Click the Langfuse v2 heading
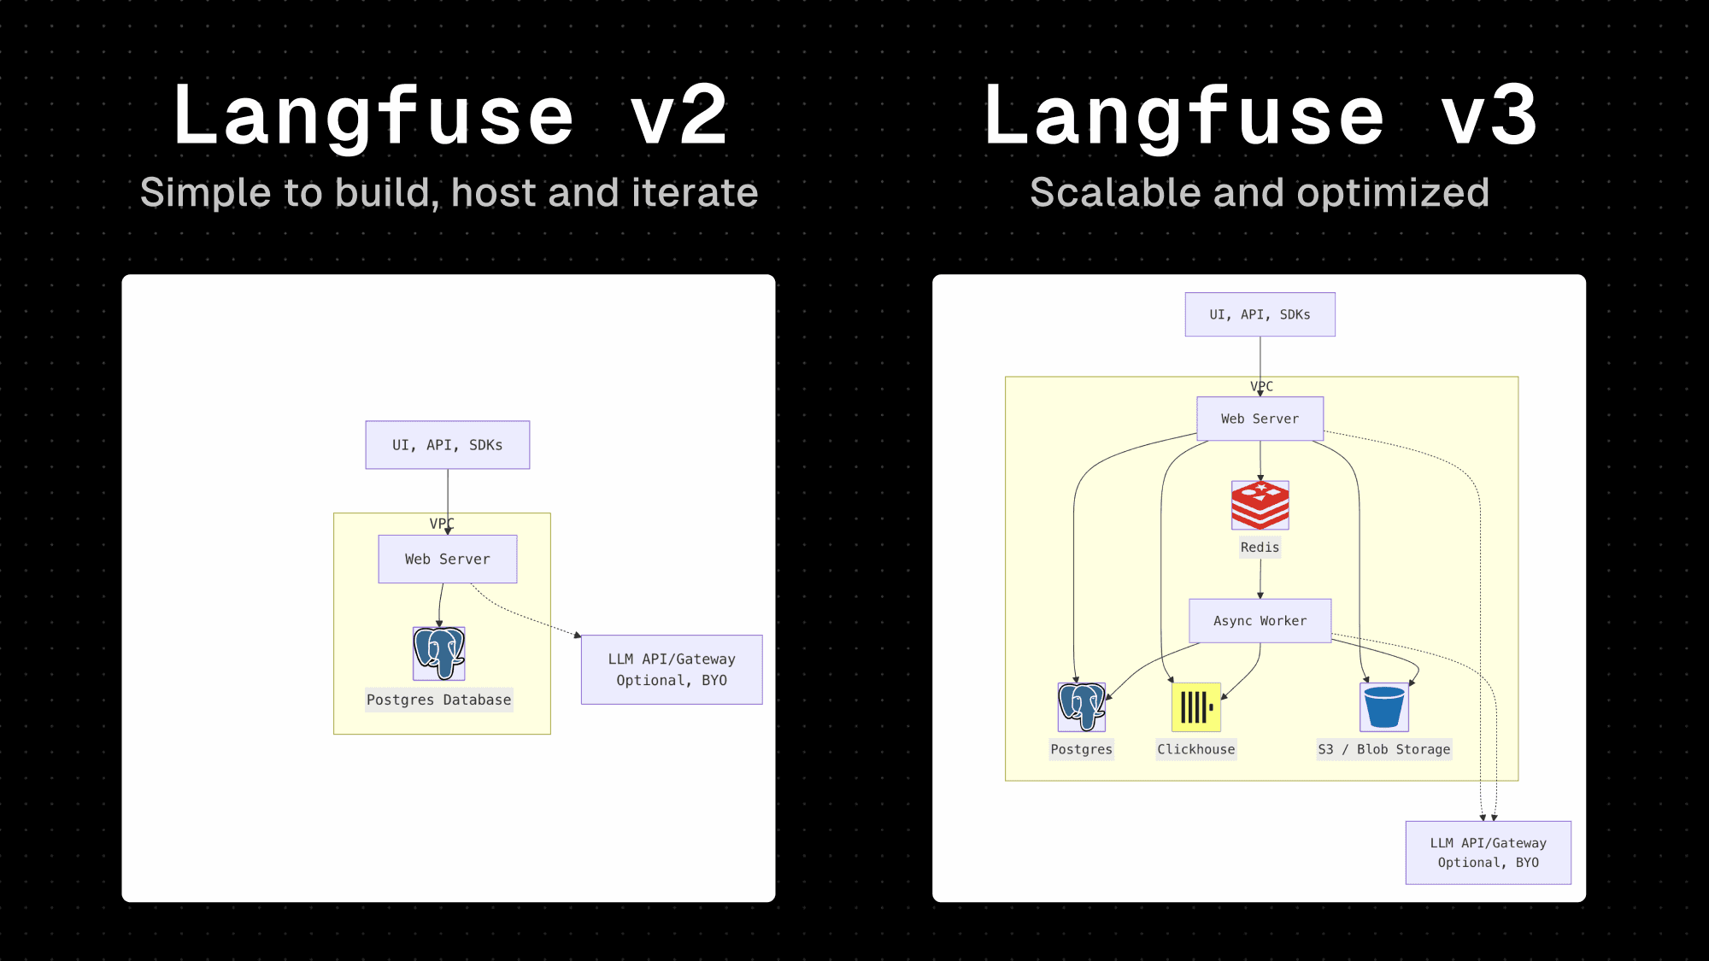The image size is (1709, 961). point(449,115)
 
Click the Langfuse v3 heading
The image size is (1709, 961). point(1260,115)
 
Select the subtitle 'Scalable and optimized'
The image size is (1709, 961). point(1260,192)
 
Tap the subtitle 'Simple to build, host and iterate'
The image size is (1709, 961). point(449,192)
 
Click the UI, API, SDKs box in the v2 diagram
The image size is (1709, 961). point(448,445)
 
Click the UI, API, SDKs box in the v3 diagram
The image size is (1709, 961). point(1260,314)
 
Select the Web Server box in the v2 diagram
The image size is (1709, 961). point(448,560)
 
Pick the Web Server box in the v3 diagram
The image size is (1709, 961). point(1260,419)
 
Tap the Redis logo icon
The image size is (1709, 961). point(1260,505)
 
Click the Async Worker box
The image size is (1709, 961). point(1260,621)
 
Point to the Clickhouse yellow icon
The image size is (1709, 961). point(1195,707)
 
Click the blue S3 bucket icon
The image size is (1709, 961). point(1383,707)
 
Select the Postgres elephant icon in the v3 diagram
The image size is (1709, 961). point(1082,707)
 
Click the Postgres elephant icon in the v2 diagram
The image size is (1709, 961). point(439,653)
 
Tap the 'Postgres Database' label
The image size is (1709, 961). point(439,700)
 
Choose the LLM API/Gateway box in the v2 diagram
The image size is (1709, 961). point(672,670)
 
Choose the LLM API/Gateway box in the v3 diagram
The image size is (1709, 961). point(1488,853)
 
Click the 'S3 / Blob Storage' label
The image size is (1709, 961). point(1383,749)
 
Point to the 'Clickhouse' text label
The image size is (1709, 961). point(1195,749)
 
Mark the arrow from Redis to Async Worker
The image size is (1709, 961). point(1260,578)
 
